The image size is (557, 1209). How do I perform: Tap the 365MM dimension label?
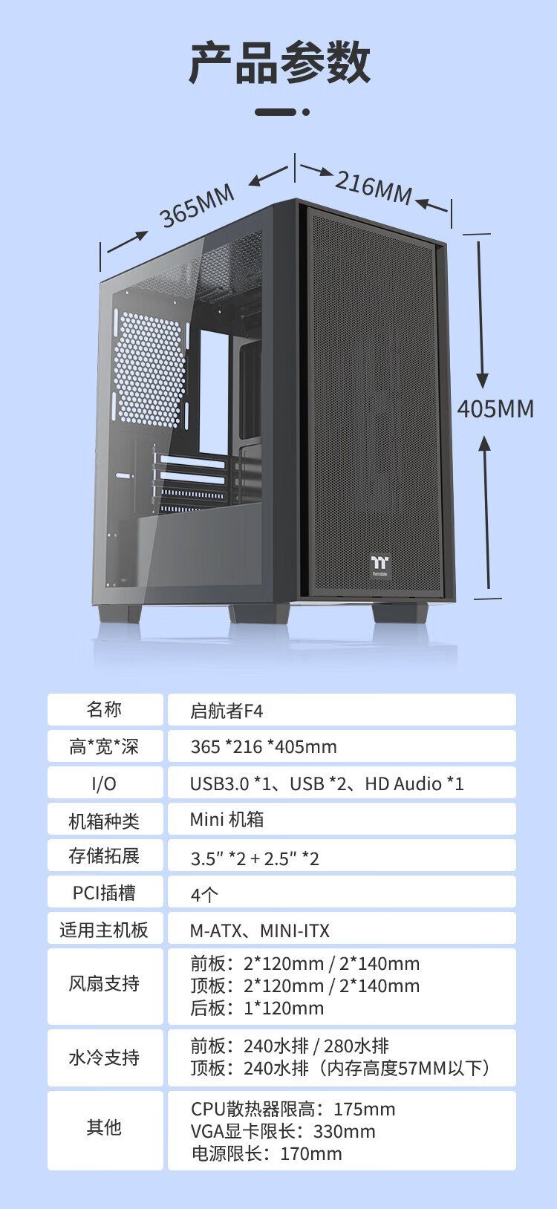click(197, 206)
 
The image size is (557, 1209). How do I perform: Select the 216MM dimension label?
click(374, 186)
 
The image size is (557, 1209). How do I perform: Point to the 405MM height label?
click(495, 408)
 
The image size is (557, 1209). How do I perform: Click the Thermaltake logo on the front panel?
click(380, 564)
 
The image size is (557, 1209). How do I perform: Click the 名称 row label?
click(104, 709)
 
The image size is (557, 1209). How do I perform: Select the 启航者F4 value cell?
click(342, 710)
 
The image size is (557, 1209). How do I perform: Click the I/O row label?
click(104, 783)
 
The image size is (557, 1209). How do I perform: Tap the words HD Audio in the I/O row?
click(403, 783)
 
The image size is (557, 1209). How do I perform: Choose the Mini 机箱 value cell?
click(342, 819)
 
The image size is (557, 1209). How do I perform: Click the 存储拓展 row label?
click(104, 856)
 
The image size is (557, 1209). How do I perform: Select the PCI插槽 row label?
click(104, 892)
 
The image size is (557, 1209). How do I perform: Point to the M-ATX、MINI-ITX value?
click(260, 930)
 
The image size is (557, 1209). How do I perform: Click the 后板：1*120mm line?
click(257, 1008)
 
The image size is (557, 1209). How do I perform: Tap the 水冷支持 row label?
click(104, 1058)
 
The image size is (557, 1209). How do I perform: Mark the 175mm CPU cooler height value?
click(365, 1109)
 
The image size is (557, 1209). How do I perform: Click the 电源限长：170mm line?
click(267, 1153)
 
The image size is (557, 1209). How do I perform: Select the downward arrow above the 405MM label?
click(481, 314)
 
